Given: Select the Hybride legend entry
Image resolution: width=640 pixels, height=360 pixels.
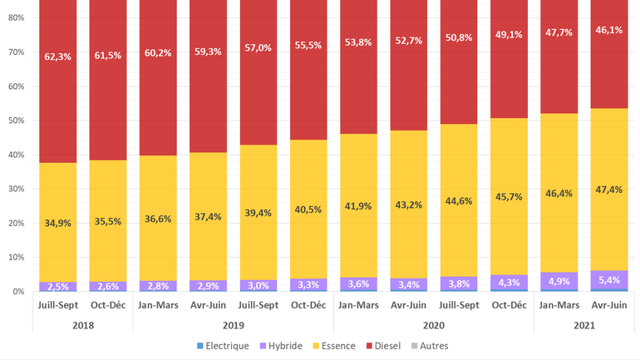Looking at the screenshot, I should (283, 345).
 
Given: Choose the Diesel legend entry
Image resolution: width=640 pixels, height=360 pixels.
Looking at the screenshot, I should (396, 345).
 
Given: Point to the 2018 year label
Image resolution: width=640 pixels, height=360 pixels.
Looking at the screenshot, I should (83, 324).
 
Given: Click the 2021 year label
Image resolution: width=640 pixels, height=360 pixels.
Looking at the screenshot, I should (584, 324).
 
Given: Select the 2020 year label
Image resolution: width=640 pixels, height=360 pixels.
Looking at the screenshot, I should (434, 324).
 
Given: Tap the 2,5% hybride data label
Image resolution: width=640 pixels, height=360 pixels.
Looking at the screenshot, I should (58, 287).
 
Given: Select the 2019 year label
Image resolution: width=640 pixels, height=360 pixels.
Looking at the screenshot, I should (234, 324).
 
